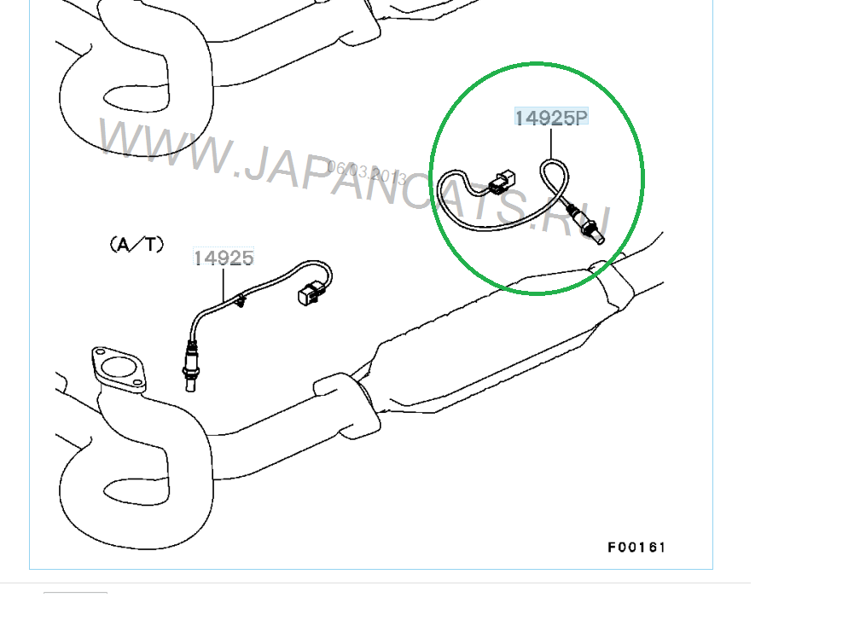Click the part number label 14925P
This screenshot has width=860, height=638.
point(551,118)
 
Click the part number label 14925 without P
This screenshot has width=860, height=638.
point(224,258)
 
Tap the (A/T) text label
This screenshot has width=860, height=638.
point(137,244)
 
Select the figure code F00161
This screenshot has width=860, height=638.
point(636,547)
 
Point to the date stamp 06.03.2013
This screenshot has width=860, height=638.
point(366,172)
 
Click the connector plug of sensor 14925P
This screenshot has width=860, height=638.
point(503,183)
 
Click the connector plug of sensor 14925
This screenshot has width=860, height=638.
point(310,293)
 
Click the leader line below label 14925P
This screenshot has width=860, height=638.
point(550,143)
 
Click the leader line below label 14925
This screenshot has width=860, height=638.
point(224,284)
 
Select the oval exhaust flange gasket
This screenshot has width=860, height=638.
point(119,368)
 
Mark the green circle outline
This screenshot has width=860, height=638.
point(432,178)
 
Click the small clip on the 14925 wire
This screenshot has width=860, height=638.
point(240,300)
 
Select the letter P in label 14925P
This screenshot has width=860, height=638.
point(581,118)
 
